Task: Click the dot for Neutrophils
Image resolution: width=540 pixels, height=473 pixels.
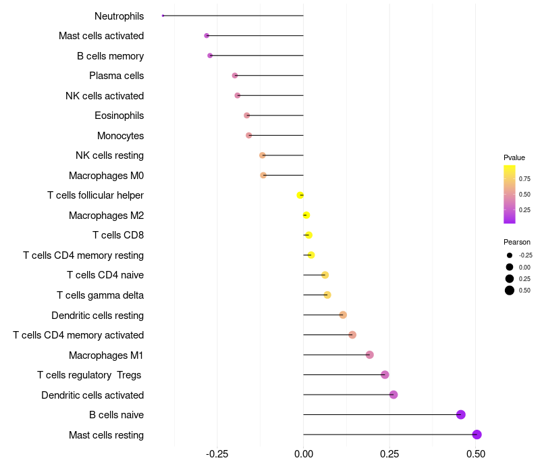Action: pos(163,16)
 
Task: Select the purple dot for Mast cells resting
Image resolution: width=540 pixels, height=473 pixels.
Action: pos(477,434)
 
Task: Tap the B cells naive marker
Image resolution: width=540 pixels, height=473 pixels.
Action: pos(461,414)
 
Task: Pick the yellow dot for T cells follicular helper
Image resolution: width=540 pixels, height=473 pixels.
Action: pos(300,195)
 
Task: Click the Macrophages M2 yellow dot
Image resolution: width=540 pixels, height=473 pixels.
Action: pos(306,215)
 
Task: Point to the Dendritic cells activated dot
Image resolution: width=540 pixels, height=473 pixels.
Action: pos(394,395)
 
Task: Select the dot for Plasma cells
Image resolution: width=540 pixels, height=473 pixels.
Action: pos(235,75)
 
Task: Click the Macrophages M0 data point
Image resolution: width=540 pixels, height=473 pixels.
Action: pos(263,175)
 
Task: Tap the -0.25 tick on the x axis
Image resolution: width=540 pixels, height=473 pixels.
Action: pos(217,454)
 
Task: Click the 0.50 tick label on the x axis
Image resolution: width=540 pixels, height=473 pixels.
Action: pos(476,454)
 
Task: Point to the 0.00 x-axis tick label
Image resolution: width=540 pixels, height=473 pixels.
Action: pos(304,454)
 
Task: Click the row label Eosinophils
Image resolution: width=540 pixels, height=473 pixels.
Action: pos(119,116)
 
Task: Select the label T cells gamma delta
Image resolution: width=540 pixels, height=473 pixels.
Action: pos(100,295)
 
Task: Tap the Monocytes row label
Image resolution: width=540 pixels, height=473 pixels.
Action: pos(121,136)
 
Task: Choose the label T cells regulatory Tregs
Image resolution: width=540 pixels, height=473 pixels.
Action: pos(89,375)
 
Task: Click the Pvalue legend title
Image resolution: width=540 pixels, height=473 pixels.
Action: pos(514,157)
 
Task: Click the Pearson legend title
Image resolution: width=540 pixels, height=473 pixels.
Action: pos(517,242)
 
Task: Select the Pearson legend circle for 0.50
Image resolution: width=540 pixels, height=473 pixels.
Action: pos(510,291)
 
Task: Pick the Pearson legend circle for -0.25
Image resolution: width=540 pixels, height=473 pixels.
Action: pos(510,255)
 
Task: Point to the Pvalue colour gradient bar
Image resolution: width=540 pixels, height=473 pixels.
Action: pos(510,195)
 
